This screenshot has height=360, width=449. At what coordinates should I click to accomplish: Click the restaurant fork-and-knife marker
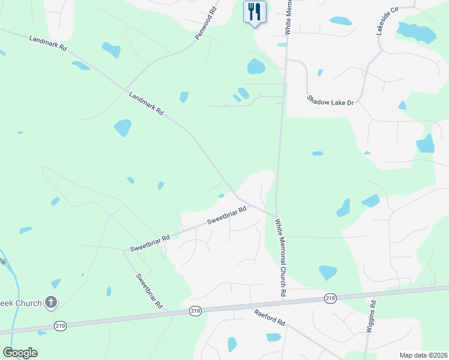(255, 11)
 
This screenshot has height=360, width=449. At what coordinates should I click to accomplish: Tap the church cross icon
(52, 302)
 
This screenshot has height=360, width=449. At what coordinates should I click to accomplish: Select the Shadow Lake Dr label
(331, 101)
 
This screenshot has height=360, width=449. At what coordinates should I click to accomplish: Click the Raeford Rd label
(269, 317)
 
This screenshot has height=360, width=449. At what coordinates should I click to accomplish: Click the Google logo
(20, 352)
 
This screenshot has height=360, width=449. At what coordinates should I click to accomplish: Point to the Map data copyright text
(423, 355)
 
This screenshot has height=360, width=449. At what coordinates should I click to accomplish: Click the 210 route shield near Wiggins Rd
(330, 298)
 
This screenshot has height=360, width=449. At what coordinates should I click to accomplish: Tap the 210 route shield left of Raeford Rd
(195, 310)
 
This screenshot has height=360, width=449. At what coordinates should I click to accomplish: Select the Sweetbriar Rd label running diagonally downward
(149, 291)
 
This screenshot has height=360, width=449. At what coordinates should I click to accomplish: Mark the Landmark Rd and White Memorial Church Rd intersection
(276, 217)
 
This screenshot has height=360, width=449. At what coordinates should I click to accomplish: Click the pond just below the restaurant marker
(256, 66)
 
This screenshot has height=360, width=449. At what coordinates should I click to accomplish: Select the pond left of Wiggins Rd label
(328, 272)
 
